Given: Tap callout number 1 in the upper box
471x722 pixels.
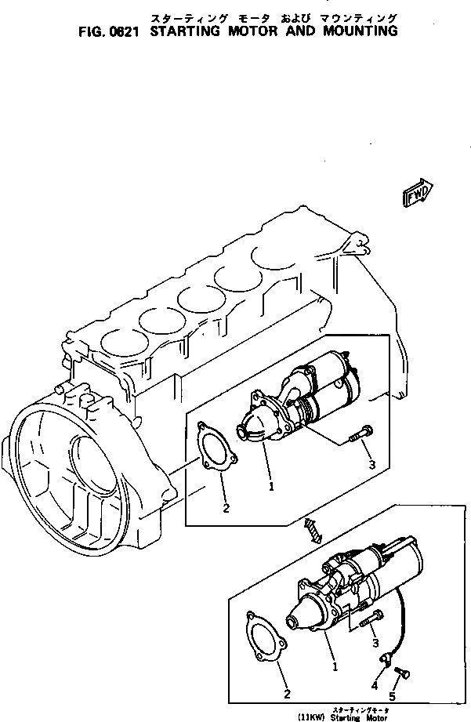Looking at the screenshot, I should point(271,486).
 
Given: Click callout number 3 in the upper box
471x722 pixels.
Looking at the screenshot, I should point(371,465).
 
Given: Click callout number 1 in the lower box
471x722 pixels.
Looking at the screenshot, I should point(335,667).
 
